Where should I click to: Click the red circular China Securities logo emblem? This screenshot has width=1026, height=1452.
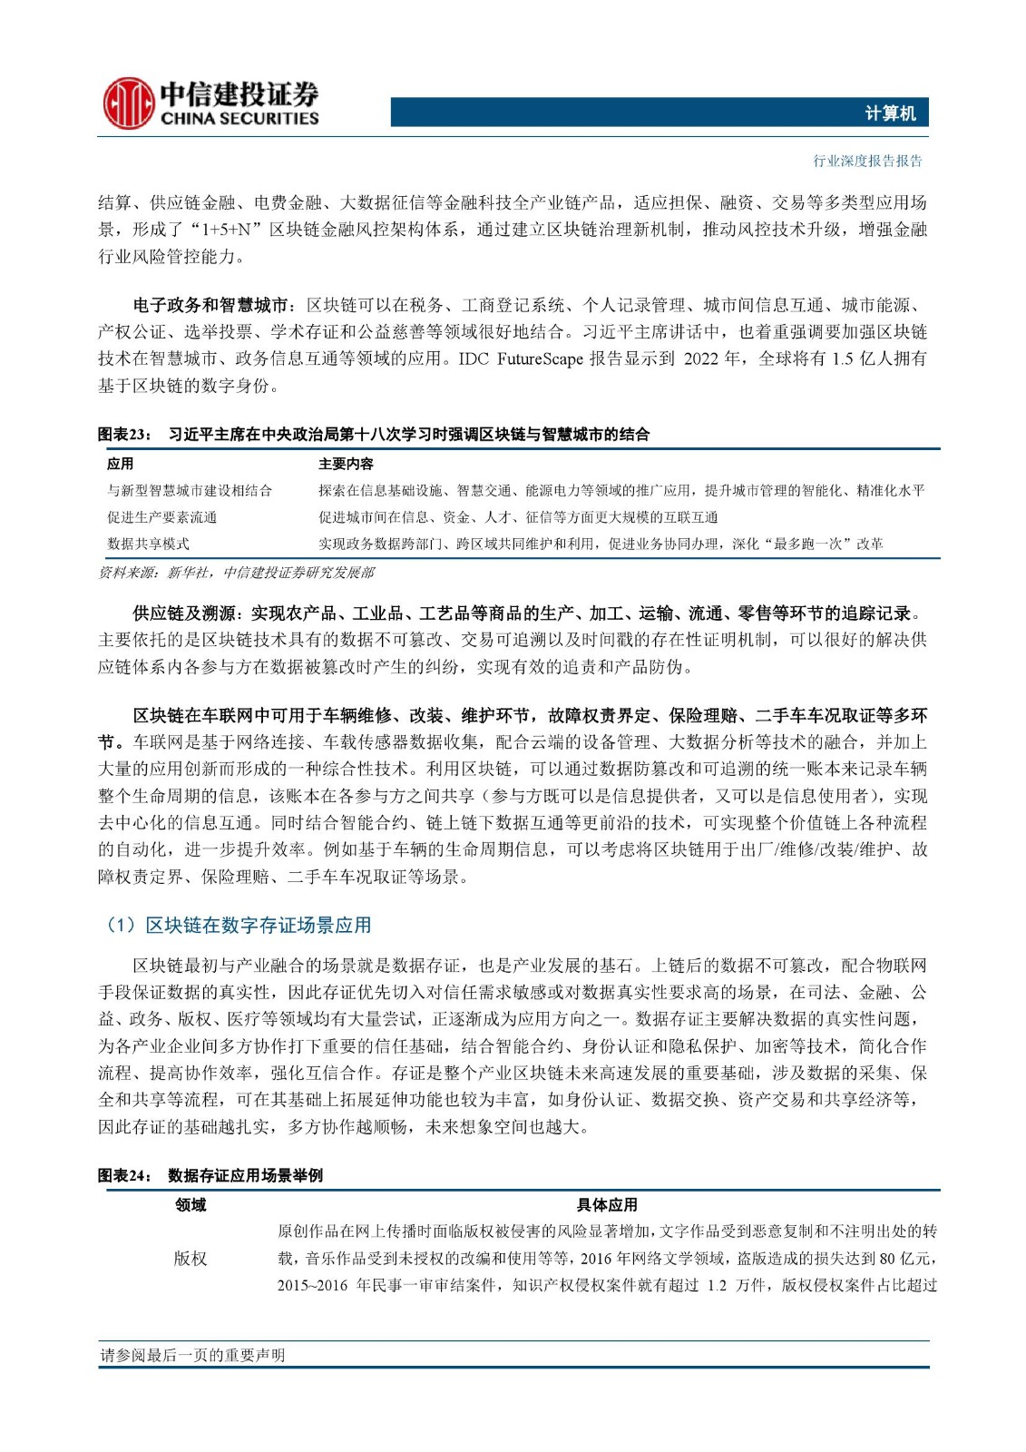pyautogui.click(x=127, y=103)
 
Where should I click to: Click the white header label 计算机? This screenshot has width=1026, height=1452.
pyautogui.click(x=889, y=113)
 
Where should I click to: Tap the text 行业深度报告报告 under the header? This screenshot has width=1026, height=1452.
pyautogui.click(x=867, y=162)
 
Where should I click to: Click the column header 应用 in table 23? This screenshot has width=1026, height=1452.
pyautogui.click(x=120, y=464)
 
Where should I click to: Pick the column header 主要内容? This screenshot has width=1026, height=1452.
pyautogui.click(x=346, y=464)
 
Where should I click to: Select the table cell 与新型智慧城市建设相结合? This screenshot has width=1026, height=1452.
pyautogui.click(x=189, y=491)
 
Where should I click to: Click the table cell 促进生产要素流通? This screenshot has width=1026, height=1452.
pyautogui.click(x=161, y=517)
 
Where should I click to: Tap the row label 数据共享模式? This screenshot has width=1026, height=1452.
pyautogui.click(x=148, y=544)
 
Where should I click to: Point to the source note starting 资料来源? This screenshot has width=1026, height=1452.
pyautogui.click(x=236, y=573)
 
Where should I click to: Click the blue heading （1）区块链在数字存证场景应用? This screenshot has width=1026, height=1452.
pyautogui.click(x=239, y=926)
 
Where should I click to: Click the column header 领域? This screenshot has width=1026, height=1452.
pyautogui.click(x=191, y=1204)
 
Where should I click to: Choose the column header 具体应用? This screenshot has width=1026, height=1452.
pyautogui.click(x=607, y=1204)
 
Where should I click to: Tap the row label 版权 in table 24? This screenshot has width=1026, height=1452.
pyautogui.click(x=191, y=1259)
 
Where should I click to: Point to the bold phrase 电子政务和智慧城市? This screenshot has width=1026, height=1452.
pyautogui.click(x=210, y=305)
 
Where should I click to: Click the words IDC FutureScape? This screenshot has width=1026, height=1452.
pyautogui.click(x=520, y=359)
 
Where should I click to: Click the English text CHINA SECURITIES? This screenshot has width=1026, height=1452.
pyautogui.click(x=239, y=118)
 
